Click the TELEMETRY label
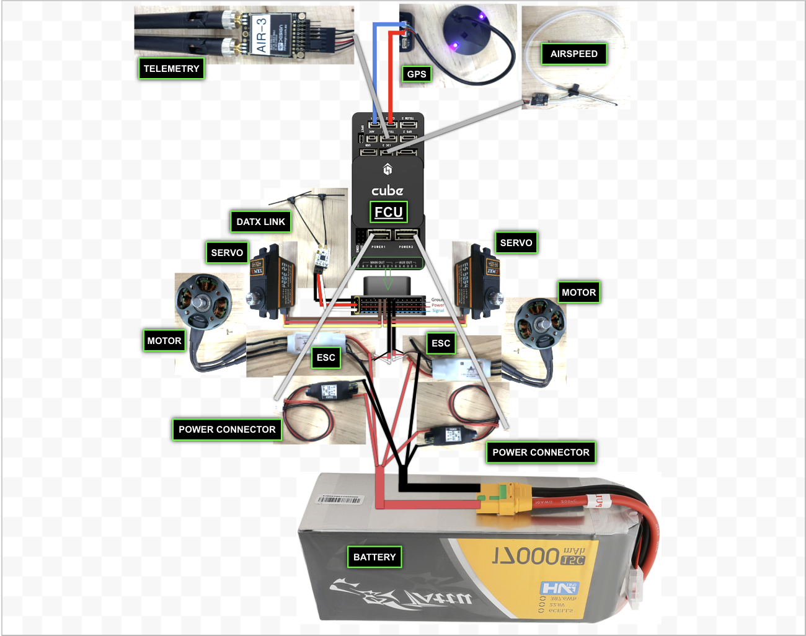pos(171,69)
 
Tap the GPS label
pos(417,74)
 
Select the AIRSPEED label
pos(573,54)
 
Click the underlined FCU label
pos(389,212)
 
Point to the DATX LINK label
pos(260,222)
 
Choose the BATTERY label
pos(374,557)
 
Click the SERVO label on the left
pos(227,253)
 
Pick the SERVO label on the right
pos(516,243)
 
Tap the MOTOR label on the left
pos(164,341)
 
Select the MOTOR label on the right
pos(578,293)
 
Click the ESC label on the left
pos(325,358)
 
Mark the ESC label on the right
pos(441,343)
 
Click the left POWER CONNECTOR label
pos(227,430)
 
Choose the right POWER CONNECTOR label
pos(541,453)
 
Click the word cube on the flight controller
pos(387,190)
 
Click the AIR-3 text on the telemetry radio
pos(261,35)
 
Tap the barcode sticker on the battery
pos(339,500)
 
